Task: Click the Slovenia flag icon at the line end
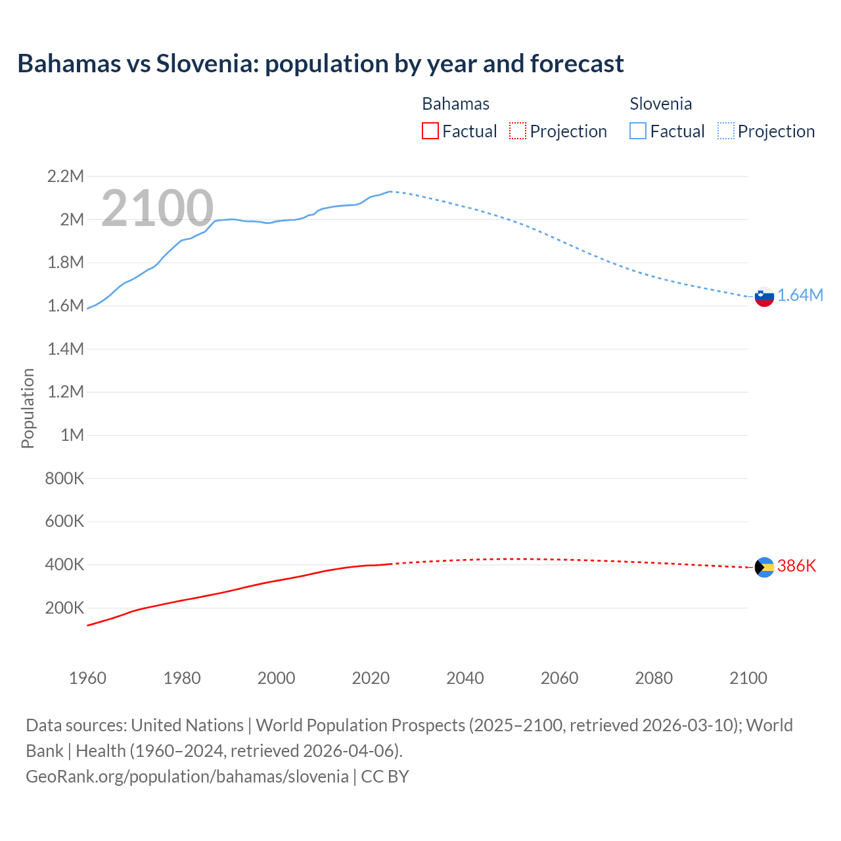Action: click(764, 296)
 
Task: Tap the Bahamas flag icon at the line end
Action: click(764, 567)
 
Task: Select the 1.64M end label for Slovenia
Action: click(800, 296)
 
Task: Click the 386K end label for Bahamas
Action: click(796, 566)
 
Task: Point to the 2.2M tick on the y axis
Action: click(66, 176)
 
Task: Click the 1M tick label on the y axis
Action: click(72, 435)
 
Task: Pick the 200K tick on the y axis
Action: click(64, 608)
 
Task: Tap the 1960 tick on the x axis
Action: click(87, 678)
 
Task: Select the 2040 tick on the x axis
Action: click(465, 678)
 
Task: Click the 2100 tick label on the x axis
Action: click(748, 678)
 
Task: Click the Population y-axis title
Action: click(28, 408)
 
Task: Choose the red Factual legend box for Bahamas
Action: click(430, 131)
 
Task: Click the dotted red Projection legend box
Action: click(518, 131)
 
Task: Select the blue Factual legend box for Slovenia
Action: click(638, 131)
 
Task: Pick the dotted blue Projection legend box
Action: click(725, 131)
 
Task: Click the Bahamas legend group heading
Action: click(455, 104)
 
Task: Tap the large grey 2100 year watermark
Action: click(157, 208)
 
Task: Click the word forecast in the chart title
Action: click(577, 64)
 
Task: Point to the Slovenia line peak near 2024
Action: click(390, 191)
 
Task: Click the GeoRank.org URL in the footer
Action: click(187, 777)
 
